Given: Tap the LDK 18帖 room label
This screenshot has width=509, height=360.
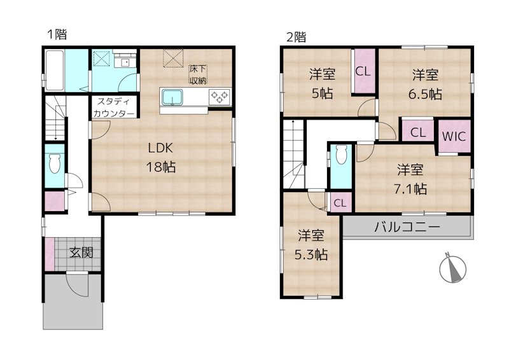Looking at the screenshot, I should pos(162,158).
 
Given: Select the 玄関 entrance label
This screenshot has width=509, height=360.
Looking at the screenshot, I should pos(81,253).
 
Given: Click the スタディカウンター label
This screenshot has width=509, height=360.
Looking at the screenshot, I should pos(114,107).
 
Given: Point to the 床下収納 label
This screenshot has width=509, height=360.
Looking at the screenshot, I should pos(197,74).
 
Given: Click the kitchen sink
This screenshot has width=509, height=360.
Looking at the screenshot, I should pos(172,97).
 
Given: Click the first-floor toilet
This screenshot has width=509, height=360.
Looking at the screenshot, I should pos(54,163).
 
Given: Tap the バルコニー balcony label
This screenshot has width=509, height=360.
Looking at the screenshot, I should pos(407,226).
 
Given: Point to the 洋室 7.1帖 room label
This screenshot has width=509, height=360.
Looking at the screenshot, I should pos(410,179).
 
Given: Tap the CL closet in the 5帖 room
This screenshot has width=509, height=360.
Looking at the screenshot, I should pos(363,71).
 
